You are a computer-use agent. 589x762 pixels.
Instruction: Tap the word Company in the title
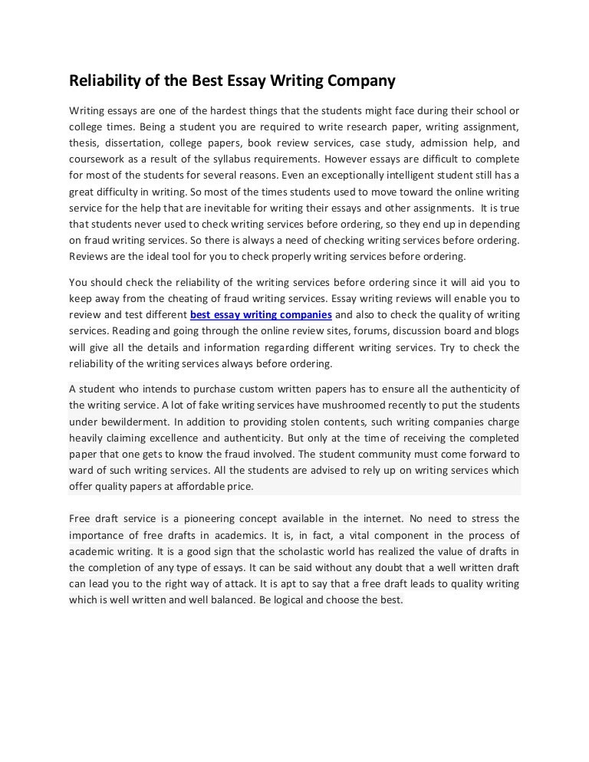362,80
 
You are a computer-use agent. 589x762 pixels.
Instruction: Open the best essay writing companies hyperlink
261,315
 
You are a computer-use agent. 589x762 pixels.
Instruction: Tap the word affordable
196,487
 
